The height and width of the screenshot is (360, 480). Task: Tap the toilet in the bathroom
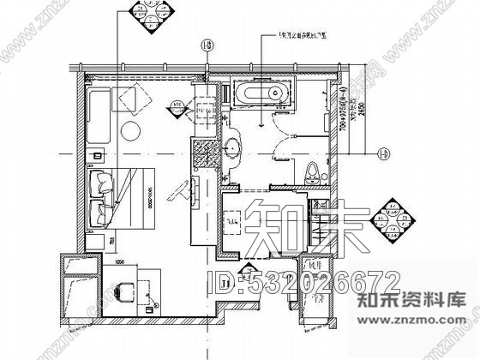click(x=313, y=169)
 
